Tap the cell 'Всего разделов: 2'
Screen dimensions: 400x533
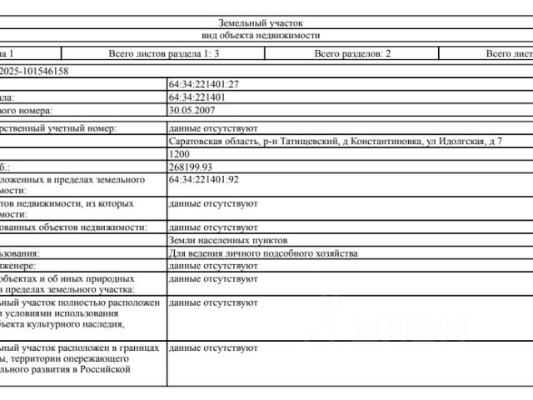click(x=352, y=53)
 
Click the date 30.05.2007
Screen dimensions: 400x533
click(x=192, y=110)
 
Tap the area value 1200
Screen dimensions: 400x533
click(x=178, y=154)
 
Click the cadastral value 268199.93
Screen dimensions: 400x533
click(x=190, y=167)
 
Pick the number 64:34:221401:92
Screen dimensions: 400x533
click(x=203, y=179)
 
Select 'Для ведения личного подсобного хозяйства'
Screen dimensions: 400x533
click(x=262, y=252)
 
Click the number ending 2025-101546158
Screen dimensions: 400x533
click(x=35, y=72)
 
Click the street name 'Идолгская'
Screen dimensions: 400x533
click(x=459, y=142)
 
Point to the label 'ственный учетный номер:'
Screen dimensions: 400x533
click(x=58, y=129)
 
